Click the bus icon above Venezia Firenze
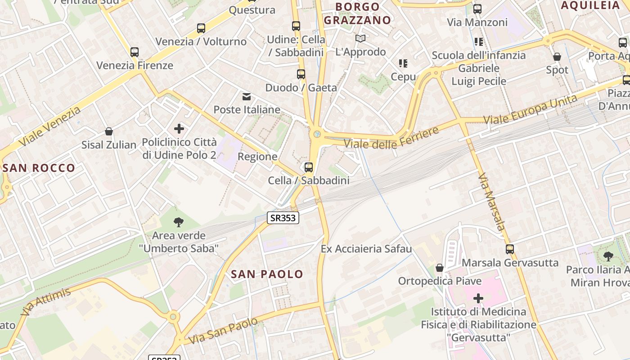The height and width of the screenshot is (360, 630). tap(135, 52)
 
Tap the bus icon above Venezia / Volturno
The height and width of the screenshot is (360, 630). tap(201, 28)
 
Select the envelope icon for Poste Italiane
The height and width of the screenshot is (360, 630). tap(247, 96)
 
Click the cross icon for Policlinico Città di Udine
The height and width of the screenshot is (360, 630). tap(179, 129)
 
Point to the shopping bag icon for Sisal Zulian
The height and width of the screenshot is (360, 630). tap(108, 131)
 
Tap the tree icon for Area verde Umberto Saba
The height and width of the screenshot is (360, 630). tap(179, 222)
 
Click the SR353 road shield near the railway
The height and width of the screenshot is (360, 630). tap(283, 218)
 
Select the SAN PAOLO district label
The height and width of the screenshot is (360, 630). tap(267, 274)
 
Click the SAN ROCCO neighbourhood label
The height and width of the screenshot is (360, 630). tap(39, 168)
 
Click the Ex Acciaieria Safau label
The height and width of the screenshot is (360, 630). tap(366, 249)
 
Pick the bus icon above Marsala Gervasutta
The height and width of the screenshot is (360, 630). tap(510, 249)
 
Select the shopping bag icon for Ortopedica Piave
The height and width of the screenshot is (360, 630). tap(440, 268)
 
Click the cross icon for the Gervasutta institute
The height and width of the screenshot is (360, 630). tap(478, 298)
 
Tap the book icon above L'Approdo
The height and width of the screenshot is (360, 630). tap(360, 39)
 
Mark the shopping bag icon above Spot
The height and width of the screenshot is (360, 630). tap(557, 57)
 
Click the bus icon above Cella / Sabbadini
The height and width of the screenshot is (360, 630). tap(309, 167)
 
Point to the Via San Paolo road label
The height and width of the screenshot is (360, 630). tap(224, 331)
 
